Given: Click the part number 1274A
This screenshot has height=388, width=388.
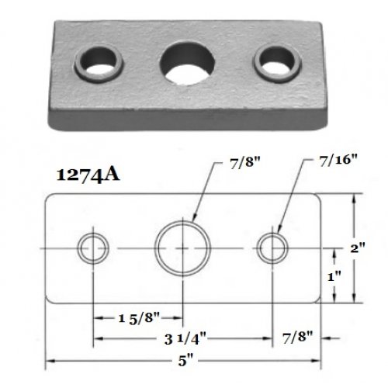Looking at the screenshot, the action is click(88, 175).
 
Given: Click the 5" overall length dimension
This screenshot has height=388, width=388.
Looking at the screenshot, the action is click(185, 361).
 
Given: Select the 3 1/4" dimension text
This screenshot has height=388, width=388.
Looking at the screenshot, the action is click(185, 338).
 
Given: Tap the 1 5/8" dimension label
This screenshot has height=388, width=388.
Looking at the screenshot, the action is click(138, 317).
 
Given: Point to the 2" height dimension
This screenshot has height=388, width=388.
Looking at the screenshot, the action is click(358, 248).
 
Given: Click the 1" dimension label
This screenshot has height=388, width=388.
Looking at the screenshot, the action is click(334, 277).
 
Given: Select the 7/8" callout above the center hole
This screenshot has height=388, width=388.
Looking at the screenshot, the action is click(244, 163).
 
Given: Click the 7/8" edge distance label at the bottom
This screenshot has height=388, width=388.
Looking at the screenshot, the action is click(297, 338).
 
